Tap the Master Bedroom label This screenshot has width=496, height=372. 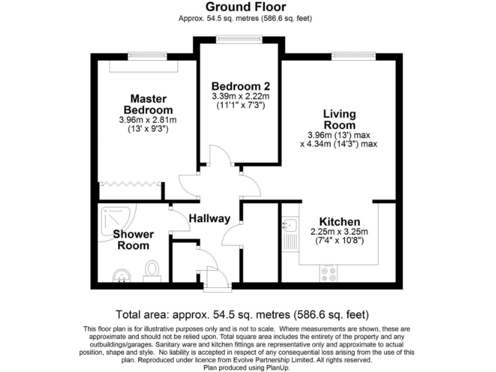click(148, 105)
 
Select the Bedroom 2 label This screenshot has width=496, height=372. click(240, 87)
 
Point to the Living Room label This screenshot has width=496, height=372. click(339, 119)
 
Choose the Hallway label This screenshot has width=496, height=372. click(209, 219)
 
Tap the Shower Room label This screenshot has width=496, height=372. click(133, 240)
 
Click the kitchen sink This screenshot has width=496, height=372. click(289, 225)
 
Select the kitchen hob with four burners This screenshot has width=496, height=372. click(329, 274)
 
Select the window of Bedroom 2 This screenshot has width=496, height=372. click(239, 37)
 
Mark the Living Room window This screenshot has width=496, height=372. click(353, 56)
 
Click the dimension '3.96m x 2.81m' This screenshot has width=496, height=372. click(148, 120)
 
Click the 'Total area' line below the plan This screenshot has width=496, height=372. click(242, 315)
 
